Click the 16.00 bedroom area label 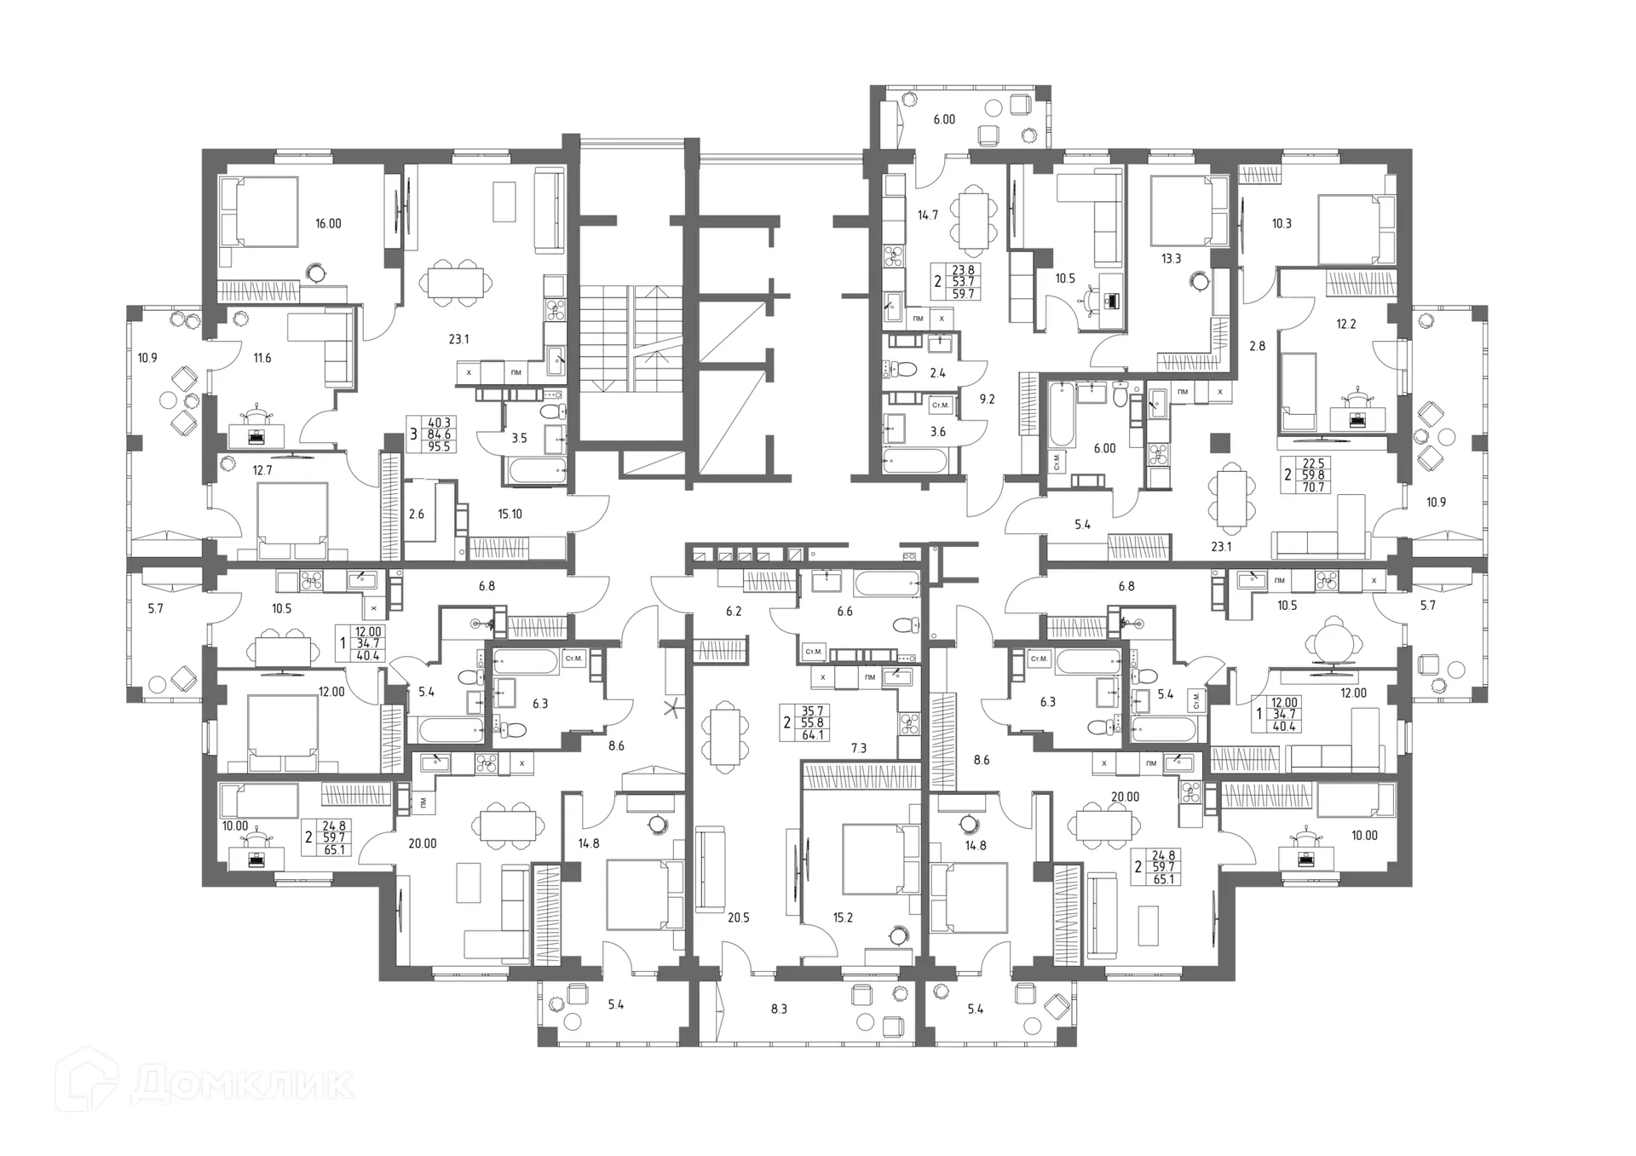328,224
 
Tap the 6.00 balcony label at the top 944,120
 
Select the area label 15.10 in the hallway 510,515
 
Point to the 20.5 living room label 739,917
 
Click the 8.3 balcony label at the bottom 779,1009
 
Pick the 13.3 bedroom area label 1172,259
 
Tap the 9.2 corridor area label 987,399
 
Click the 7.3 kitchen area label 859,749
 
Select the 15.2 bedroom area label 843,917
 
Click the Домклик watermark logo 204,1084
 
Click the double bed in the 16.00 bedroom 259,212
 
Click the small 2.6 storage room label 417,515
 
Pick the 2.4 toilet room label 938,373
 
